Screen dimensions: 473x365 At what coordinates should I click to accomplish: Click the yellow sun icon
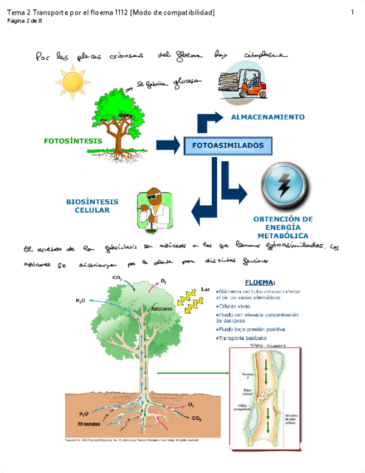point(72,81)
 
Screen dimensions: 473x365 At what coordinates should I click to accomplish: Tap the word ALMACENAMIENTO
point(267,117)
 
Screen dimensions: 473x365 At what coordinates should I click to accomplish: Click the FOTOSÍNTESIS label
point(73,141)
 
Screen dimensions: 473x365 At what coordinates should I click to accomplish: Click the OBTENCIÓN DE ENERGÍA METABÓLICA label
point(283,228)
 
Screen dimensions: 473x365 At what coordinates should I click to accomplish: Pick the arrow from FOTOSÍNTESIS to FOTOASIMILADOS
point(168,145)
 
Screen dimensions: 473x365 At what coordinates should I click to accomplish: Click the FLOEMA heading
point(260,282)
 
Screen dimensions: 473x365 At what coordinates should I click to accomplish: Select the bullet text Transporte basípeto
point(242,338)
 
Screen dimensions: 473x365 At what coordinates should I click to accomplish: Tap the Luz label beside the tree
point(205,289)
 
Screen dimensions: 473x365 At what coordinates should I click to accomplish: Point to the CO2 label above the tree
point(117,278)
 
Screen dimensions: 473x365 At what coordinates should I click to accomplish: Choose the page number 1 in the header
point(353,12)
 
